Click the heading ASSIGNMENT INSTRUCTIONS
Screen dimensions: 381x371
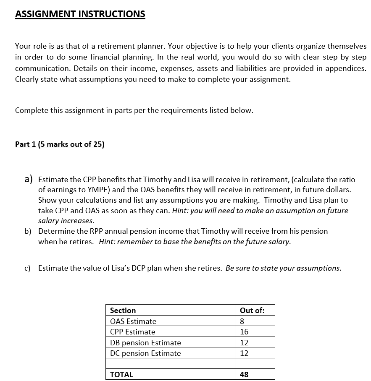(x=80, y=14)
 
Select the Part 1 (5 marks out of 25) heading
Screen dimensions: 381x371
(x=60, y=144)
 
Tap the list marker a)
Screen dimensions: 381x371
(x=28, y=179)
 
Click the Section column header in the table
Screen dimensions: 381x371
(x=123, y=311)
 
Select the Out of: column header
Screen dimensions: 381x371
(x=252, y=311)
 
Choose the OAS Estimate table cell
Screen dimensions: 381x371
(x=133, y=321)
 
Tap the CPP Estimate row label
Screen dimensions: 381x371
(x=132, y=332)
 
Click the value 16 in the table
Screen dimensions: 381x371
(x=244, y=332)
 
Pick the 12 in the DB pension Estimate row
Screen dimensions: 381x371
(x=244, y=343)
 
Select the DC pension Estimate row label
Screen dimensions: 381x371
(x=145, y=353)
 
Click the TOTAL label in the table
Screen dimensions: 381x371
(x=121, y=375)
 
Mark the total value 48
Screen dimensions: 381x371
(x=244, y=375)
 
